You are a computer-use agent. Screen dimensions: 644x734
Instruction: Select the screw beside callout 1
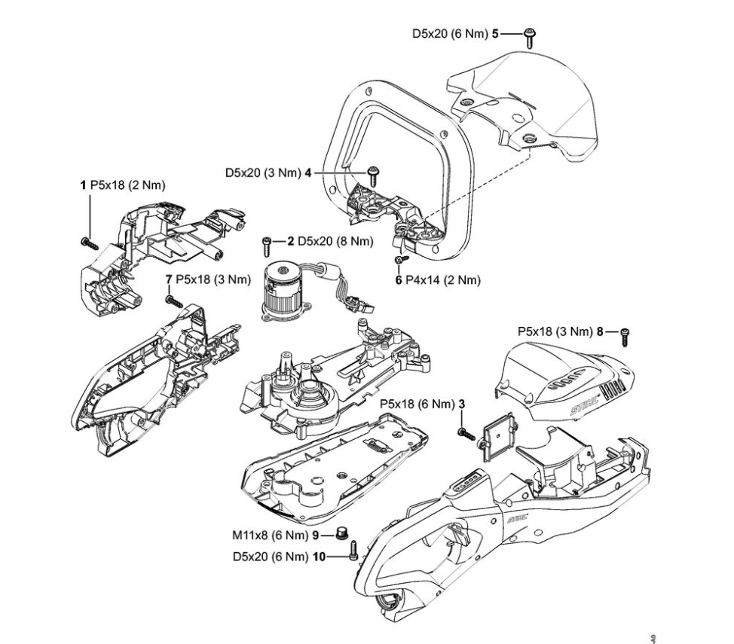[x=88, y=242]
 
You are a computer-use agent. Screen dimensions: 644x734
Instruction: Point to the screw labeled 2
[x=266, y=242]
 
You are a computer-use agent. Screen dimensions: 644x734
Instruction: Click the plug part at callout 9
[x=341, y=536]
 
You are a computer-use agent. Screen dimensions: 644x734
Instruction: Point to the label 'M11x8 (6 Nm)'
[x=270, y=536]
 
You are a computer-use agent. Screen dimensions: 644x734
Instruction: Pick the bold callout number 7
[x=169, y=279]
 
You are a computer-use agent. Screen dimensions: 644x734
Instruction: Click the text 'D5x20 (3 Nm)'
[x=262, y=172]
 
